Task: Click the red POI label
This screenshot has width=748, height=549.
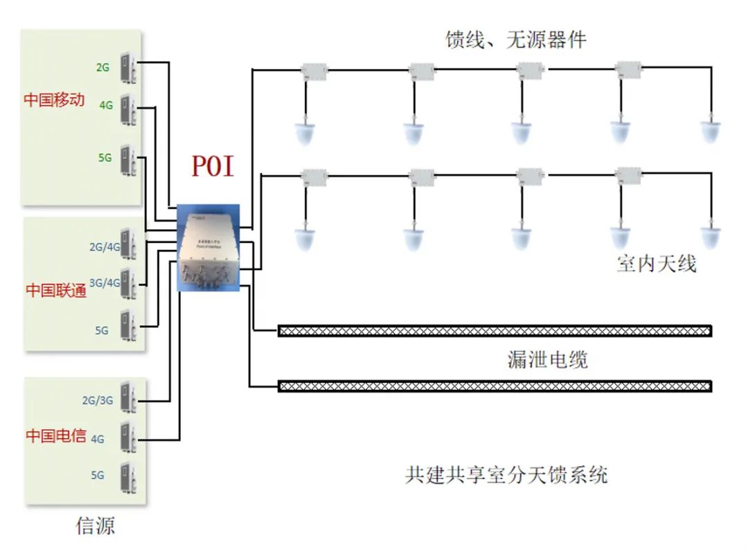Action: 213,167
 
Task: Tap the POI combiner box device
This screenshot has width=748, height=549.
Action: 208,248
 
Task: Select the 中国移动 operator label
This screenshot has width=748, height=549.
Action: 54,100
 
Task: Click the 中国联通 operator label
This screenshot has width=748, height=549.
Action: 56,290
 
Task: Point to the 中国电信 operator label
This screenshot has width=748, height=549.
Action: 56,436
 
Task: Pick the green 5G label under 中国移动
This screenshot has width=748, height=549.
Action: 105,158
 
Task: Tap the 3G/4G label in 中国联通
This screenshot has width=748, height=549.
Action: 105,282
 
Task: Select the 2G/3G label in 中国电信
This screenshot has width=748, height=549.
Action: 97,400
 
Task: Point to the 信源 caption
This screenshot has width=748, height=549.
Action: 95,526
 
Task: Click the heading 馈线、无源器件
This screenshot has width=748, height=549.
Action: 515,40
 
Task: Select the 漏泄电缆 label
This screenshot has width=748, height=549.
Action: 547,360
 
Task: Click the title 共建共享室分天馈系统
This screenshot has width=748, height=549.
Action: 506,476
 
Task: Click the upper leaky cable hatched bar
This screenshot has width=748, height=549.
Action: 495,331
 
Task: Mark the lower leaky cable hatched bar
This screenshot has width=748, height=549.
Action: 495,386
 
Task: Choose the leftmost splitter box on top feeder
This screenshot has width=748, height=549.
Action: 314,69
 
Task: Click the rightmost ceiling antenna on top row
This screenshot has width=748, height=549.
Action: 709,131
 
